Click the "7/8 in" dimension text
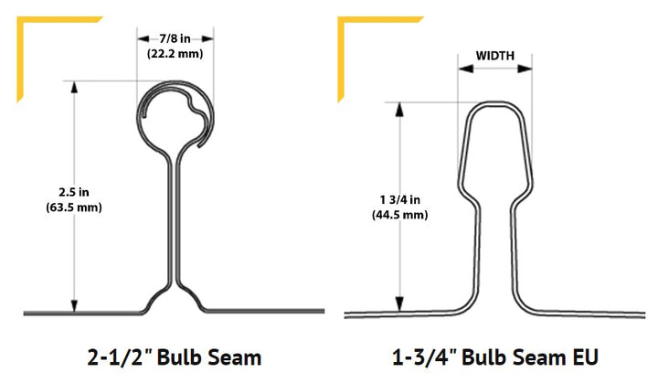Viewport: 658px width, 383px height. [175, 38]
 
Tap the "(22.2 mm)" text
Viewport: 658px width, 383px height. [175, 54]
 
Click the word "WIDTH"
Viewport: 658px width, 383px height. [494, 57]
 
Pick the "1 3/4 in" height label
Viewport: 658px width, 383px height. [399, 199]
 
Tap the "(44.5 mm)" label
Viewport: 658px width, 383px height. [399, 215]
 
